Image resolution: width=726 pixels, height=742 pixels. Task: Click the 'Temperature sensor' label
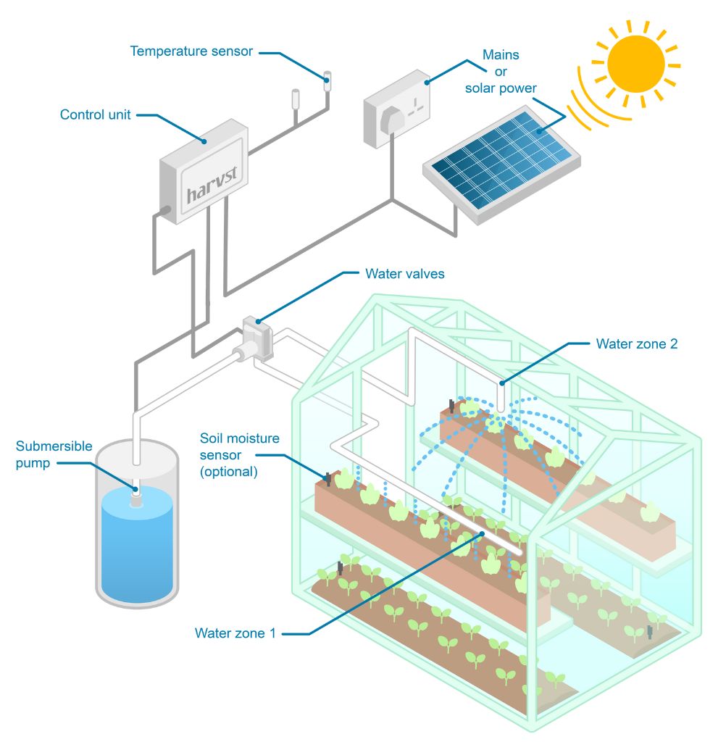pyautogui.click(x=191, y=51)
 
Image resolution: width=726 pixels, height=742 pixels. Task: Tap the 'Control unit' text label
pyautogui.click(x=95, y=114)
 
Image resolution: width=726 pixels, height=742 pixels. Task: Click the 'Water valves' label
pyautogui.click(x=404, y=275)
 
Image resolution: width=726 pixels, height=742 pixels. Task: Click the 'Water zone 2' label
pyautogui.click(x=636, y=343)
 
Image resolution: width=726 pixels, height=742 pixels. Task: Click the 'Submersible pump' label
pyautogui.click(x=54, y=454)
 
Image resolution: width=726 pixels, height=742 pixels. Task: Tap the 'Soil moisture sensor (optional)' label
pyautogui.click(x=239, y=454)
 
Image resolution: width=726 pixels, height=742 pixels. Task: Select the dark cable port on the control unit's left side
pyautogui.click(x=164, y=212)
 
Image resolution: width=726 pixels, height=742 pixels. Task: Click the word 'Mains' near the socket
pyautogui.click(x=501, y=55)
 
